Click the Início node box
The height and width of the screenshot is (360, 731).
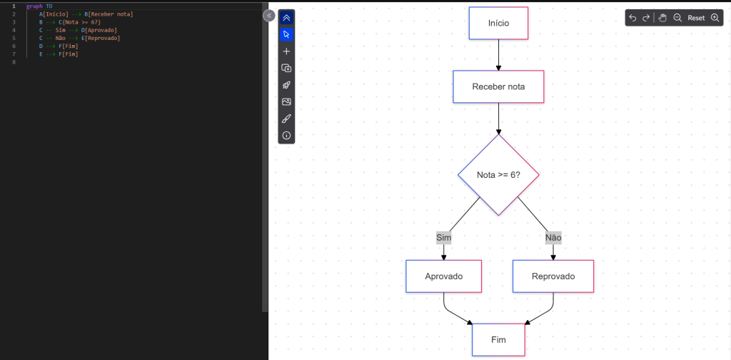tap(498, 23)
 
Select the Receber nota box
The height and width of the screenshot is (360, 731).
tap(498, 86)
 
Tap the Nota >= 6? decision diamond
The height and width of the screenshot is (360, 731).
tap(498, 175)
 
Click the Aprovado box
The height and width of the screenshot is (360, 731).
tap(444, 276)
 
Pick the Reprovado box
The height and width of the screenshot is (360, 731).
tap(553, 276)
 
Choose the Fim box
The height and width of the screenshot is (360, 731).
tap(498, 340)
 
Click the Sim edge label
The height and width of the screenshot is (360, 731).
tap(444, 237)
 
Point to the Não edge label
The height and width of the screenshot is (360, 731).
tap(553, 237)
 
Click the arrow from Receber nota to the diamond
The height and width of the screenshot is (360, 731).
tap(498, 118)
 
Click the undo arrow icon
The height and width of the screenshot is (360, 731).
tap(632, 18)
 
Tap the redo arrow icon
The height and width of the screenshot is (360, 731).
tap(646, 18)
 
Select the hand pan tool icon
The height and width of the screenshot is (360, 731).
tap(662, 18)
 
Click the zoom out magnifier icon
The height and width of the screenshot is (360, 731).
tap(677, 18)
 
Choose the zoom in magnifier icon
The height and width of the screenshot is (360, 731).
tap(715, 18)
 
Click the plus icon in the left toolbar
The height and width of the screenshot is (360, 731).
tap(286, 51)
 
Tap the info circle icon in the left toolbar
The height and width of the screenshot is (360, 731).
tap(286, 135)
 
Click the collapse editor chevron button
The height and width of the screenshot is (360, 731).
tap(269, 15)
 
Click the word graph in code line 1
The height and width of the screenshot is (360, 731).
tap(34, 6)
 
